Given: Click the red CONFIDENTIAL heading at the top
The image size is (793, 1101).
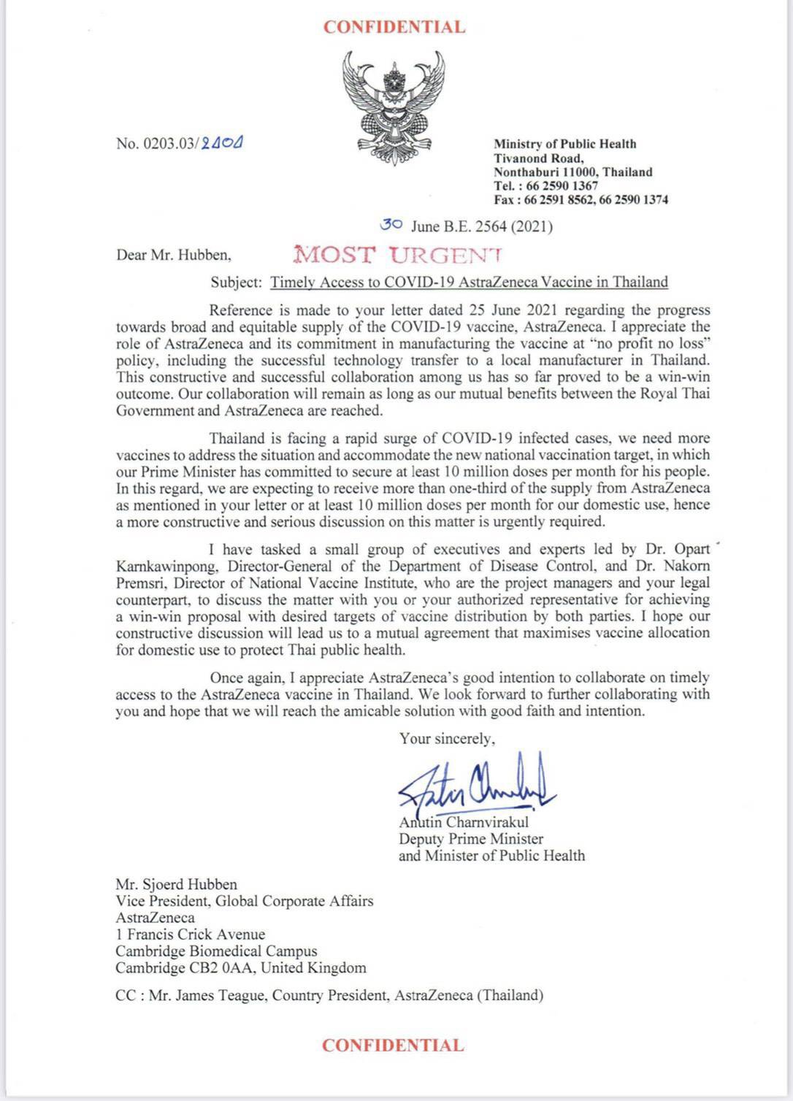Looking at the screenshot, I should pos(394,28).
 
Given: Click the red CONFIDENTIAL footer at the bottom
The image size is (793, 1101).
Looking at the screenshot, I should pos(393,1045).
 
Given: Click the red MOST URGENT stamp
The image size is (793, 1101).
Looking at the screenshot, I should pos(397,256).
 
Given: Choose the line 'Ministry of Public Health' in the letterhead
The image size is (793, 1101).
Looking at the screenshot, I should pos(564,144).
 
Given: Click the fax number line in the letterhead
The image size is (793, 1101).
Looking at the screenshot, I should pos(581,200).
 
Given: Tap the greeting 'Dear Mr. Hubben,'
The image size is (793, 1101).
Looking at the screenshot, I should pos(174,256).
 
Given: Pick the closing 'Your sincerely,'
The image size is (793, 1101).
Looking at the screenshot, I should pos(447,738).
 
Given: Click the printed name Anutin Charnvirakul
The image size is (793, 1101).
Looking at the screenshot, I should pos(464,823).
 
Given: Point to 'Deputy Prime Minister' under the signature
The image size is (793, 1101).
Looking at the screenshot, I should pos(471,839).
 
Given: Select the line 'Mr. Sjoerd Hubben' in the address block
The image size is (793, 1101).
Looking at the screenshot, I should pos(176,884).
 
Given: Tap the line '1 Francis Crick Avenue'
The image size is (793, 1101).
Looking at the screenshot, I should pos(190,935).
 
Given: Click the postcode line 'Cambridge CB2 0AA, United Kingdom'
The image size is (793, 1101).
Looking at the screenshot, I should pos(241,968).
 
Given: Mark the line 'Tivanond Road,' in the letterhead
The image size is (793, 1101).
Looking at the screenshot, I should pos(539,158).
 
